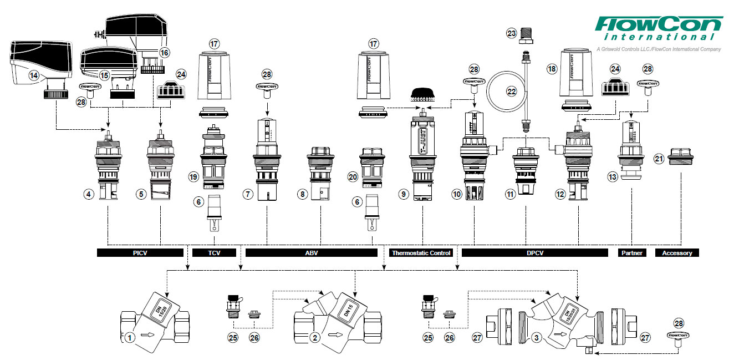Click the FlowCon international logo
pyautogui.click(x=659, y=28)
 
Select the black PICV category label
pyautogui.click(x=140, y=253)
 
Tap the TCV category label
pyautogui.click(x=214, y=253)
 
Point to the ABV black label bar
pyautogui.click(x=311, y=253)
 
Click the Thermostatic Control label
pyautogui.click(x=421, y=253)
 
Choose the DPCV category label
pyautogui.click(x=534, y=253)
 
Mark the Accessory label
pyautogui.click(x=677, y=253)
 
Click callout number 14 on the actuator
pyautogui.click(x=34, y=74)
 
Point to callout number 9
pyautogui.click(x=403, y=194)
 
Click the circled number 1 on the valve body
pyautogui.click(x=129, y=336)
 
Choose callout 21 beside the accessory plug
pyautogui.click(x=658, y=159)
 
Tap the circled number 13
pyautogui.click(x=612, y=177)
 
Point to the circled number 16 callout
pyautogui.click(x=164, y=52)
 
